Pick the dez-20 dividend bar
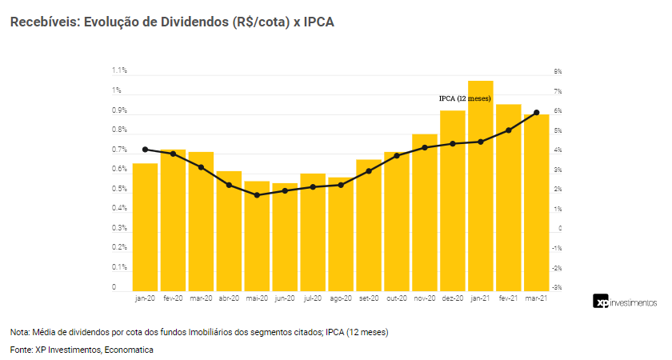[452, 201]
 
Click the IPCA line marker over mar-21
[536, 113]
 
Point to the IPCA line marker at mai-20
[257, 195]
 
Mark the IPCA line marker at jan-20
[145, 150]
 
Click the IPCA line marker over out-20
[397, 155]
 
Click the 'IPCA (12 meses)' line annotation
[464, 98]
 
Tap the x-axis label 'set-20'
[369, 298]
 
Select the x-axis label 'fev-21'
[509, 298]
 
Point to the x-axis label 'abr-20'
[229, 298]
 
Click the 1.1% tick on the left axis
[120, 71]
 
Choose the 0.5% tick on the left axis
[120, 189]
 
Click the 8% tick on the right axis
[558, 71]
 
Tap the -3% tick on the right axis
[558, 287]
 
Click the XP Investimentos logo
[625, 302]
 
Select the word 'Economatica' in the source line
[129, 350]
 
